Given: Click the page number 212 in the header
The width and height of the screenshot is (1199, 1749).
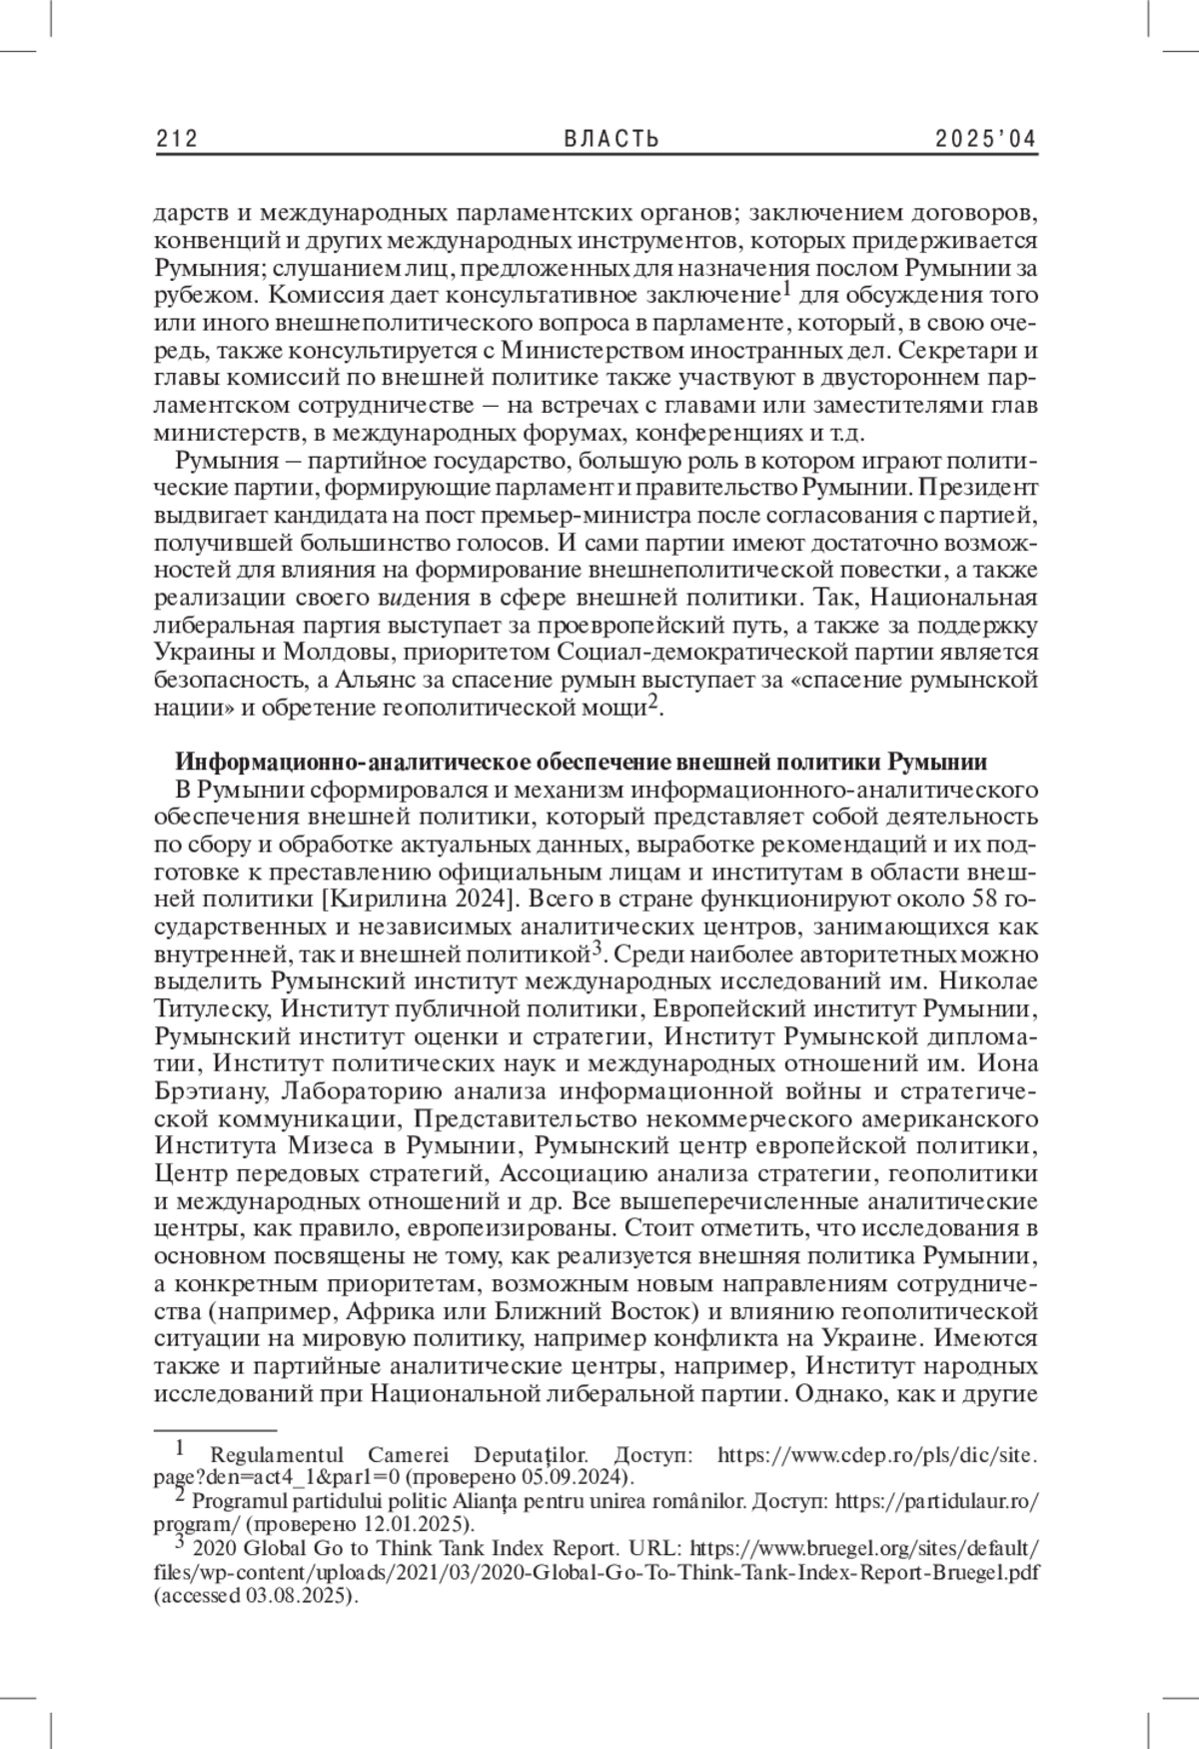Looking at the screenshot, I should [177, 139].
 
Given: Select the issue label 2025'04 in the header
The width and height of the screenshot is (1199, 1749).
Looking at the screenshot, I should [986, 139].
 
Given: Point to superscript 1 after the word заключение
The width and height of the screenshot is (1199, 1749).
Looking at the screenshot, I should [786, 289].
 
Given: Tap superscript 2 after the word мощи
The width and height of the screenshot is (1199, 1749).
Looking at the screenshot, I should [653, 704].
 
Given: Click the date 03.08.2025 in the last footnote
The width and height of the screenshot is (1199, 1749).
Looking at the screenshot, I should [293, 1596].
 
